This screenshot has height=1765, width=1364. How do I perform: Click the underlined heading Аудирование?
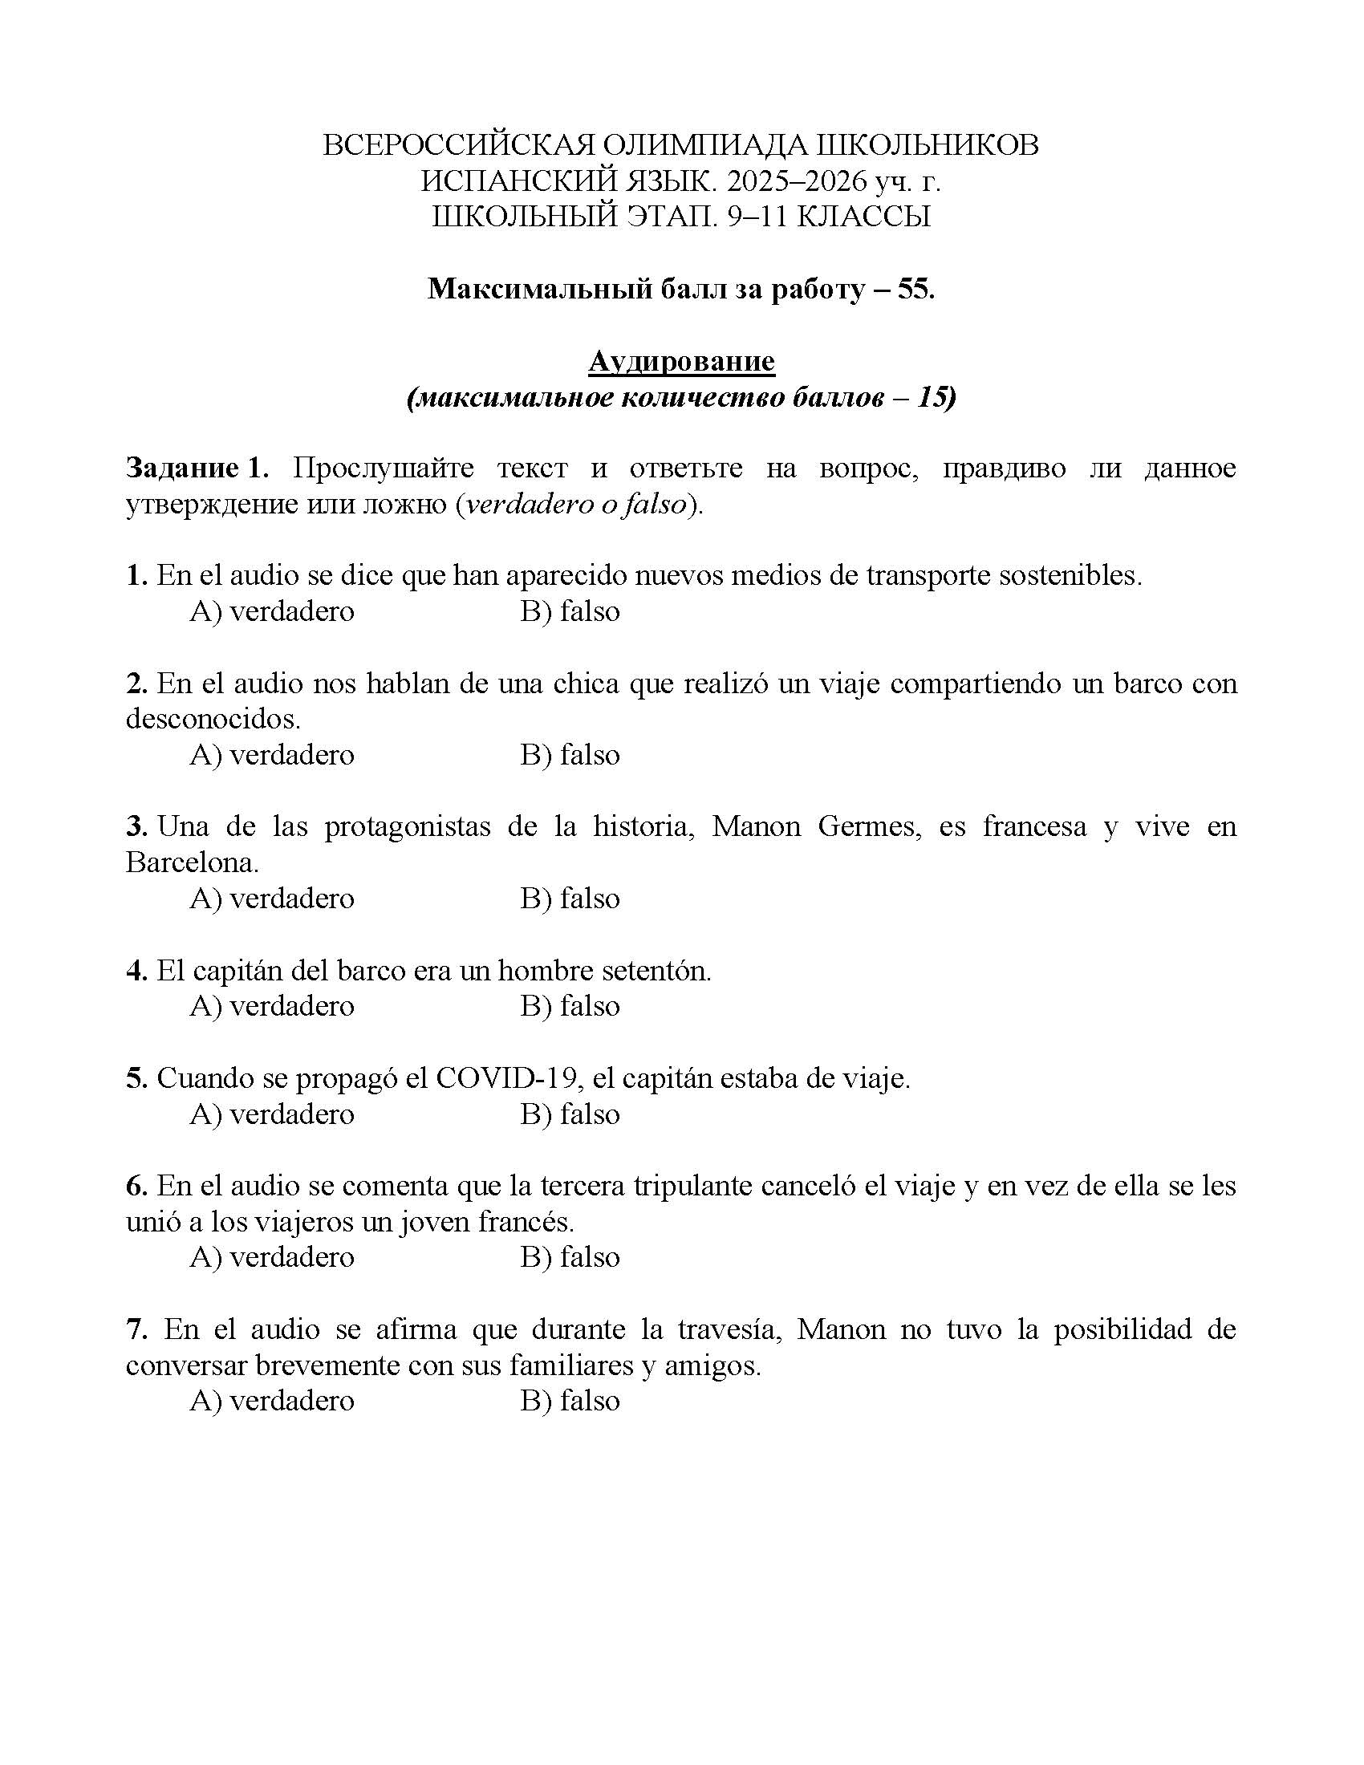(681, 361)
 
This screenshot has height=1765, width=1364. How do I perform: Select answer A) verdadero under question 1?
(271, 612)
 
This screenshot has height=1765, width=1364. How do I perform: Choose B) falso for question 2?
(570, 755)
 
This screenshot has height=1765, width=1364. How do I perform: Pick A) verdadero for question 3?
(271, 899)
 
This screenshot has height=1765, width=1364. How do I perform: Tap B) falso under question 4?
(570, 1006)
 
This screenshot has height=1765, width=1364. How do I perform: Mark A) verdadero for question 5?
(271, 1114)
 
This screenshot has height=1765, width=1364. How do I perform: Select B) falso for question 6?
(570, 1257)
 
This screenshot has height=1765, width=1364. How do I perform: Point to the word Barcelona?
(192, 863)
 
